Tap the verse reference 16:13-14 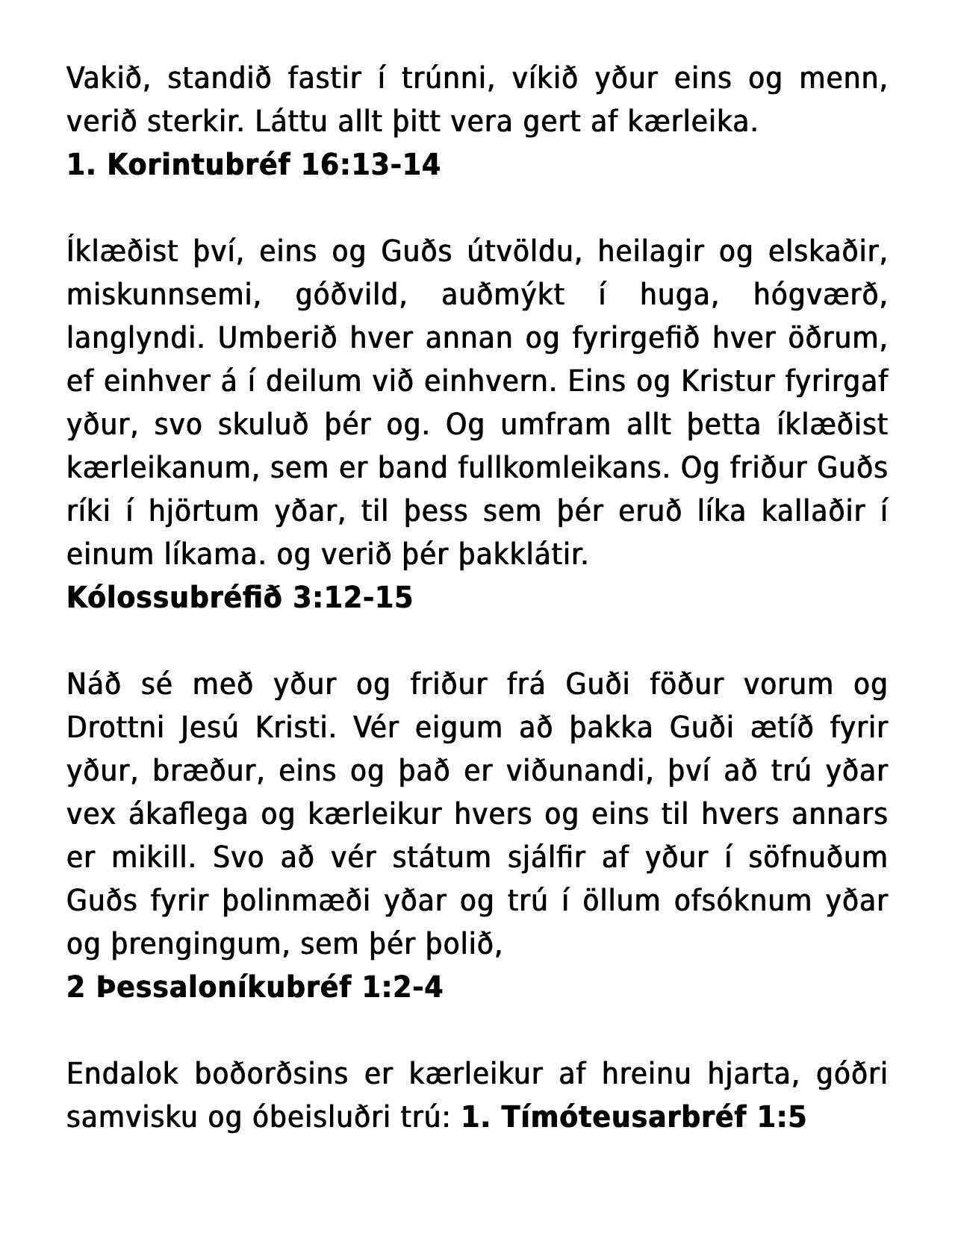click(x=370, y=165)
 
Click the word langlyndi click(x=135, y=339)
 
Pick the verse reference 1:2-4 click(x=402, y=987)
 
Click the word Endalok click(x=122, y=1074)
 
